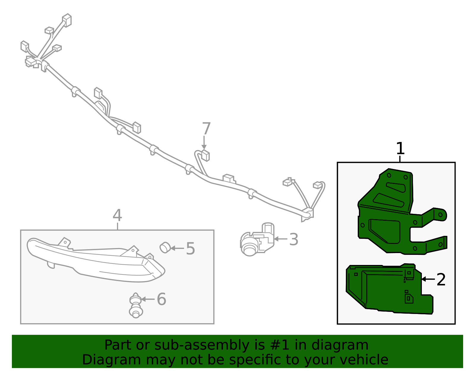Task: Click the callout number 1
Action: tap(400, 149)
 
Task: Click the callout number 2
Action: tap(441, 280)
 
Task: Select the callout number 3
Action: tap(294, 239)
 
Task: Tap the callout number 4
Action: tap(117, 215)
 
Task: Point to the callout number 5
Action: tap(190, 249)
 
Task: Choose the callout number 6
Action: tap(161, 299)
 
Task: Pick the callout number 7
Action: tap(206, 129)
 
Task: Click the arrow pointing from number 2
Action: tap(428, 279)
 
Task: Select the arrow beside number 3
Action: tap(281, 239)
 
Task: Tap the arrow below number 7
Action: tap(204, 143)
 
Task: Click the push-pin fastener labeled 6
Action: tap(136, 305)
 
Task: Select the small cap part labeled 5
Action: tap(165, 247)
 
